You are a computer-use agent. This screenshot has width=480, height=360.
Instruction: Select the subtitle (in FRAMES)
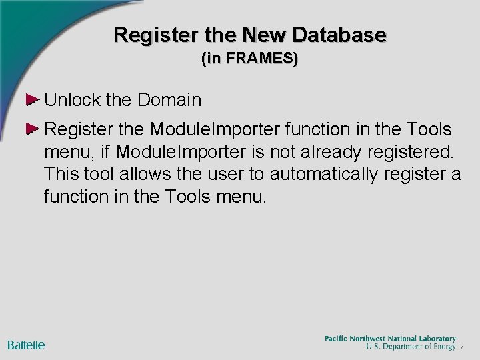click(x=249, y=59)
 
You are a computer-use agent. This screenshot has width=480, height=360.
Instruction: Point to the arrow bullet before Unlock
click(x=31, y=101)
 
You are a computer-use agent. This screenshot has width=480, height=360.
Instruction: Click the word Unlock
click(x=73, y=101)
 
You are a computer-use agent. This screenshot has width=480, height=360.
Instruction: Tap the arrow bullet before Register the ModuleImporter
click(x=31, y=128)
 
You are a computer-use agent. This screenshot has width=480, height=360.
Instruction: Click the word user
click(x=230, y=174)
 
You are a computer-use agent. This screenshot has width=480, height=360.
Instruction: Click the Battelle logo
click(x=26, y=345)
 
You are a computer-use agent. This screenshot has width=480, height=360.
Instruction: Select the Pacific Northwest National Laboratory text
click(x=390, y=338)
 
